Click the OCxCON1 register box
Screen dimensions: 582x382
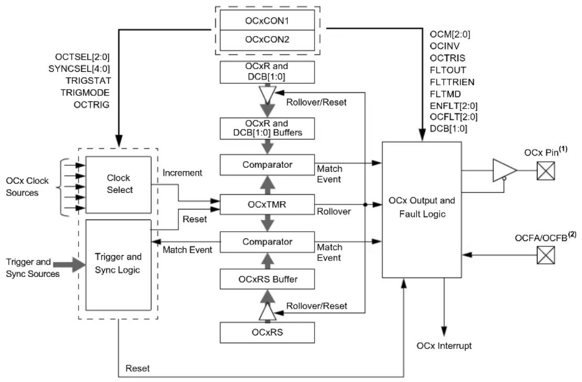tap(267, 20)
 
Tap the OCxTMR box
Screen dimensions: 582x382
tap(267, 204)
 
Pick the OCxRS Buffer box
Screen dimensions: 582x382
tap(267, 279)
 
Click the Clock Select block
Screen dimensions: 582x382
tap(118, 184)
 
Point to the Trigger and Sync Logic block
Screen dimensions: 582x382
tap(118, 265)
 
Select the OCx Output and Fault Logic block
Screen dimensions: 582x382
tap(422, 210)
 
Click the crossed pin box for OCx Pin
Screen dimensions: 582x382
tap(546, 171)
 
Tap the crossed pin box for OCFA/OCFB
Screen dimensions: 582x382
tap(546, 255)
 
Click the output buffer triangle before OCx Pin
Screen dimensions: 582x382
tap(503, 170)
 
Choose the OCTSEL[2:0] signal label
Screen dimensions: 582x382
tap(82, 57)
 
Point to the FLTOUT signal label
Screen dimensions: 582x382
tap(448, 70)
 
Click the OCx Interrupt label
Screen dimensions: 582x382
tap(444, 346)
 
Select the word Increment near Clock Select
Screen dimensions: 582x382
tap(182, 173)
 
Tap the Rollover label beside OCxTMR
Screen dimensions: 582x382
tap(334, 212)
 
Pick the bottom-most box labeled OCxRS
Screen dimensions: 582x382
tap(267, 332)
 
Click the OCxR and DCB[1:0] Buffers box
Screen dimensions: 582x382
tap(267, 128)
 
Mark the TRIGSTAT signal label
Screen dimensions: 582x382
tap(88, 81)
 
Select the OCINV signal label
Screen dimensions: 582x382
tap(445, 46)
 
